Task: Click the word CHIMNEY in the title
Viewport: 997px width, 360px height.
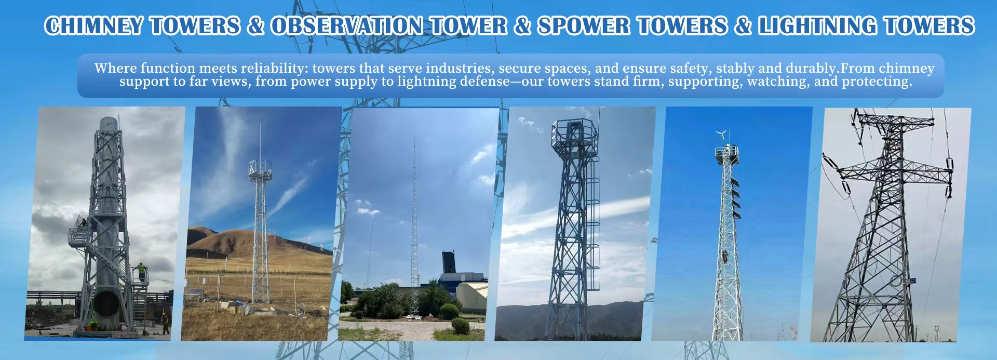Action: [x=93, y=26]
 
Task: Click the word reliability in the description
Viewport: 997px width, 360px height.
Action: [x=274, y=69]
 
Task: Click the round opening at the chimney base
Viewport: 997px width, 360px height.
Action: [x=106, y=303]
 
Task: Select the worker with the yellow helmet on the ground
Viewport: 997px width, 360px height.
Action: [x=165, y=322]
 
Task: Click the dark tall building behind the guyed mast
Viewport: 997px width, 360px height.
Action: [x=449, y=261]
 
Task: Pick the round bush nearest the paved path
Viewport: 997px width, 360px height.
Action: [x=460, y=326]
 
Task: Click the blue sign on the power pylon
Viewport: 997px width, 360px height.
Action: [x=912, y=281]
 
